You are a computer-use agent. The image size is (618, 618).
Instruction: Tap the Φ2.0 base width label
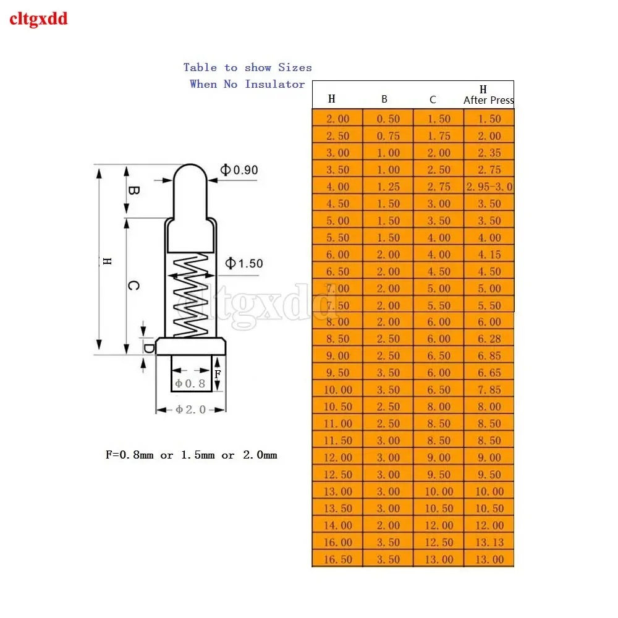tap(190, 409)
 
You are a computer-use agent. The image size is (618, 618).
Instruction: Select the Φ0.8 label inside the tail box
tap(190, 384)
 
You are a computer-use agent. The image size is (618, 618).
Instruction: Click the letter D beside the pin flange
tap(149, 348)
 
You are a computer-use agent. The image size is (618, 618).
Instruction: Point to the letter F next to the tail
tap(218, 374)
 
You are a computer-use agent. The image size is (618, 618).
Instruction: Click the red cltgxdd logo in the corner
tap(38, 19)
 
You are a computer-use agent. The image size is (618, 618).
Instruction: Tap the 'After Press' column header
tap(488, 100)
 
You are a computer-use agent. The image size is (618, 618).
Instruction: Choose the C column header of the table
tap(433, 99)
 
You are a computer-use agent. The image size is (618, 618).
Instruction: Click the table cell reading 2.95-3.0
tap(489, 187)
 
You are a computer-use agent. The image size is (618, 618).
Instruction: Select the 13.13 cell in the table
tap(489, 543)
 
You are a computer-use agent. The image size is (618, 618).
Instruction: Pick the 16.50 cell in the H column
tap(337, 559)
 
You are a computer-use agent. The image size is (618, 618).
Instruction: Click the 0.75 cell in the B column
tap(388, 136)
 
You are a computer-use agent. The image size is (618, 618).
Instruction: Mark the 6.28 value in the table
tap(489, 339)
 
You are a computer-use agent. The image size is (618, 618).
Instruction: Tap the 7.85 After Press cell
tap(489, 390)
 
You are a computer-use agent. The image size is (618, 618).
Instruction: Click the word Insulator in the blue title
tap(274, 84)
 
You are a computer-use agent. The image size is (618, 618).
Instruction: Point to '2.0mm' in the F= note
tap(259, 455)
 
